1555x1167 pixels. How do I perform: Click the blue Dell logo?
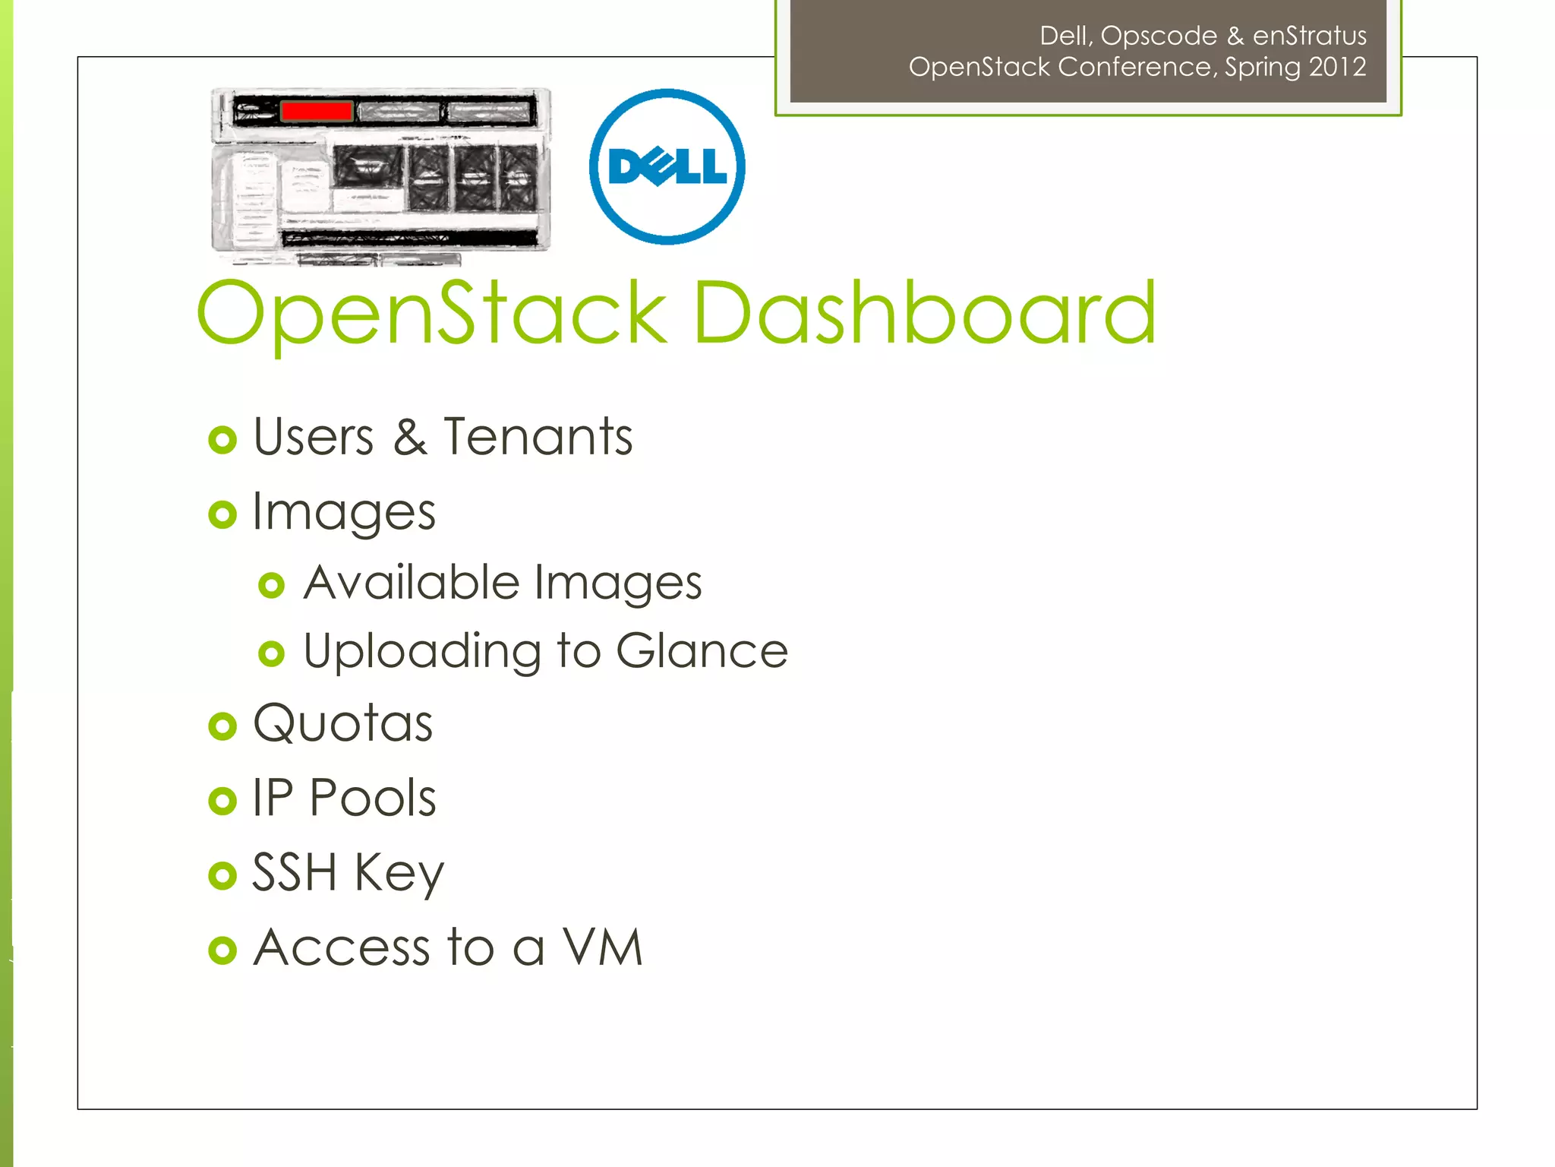coord(667,166)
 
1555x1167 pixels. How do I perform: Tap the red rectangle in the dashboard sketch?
coord(316,111)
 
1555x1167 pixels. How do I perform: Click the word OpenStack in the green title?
coord(431,314)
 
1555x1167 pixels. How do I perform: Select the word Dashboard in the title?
coord(925,312)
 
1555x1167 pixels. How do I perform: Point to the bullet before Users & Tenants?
coord(222,440)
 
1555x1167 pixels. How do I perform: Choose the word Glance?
coord(702,651)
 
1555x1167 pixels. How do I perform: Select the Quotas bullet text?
coord(343,723)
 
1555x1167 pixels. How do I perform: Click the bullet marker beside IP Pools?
coord(222,801)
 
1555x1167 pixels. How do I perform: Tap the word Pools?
coord(373,798)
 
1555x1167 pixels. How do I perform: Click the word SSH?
coord(294,872)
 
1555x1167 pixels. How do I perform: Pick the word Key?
coord(399,874)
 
